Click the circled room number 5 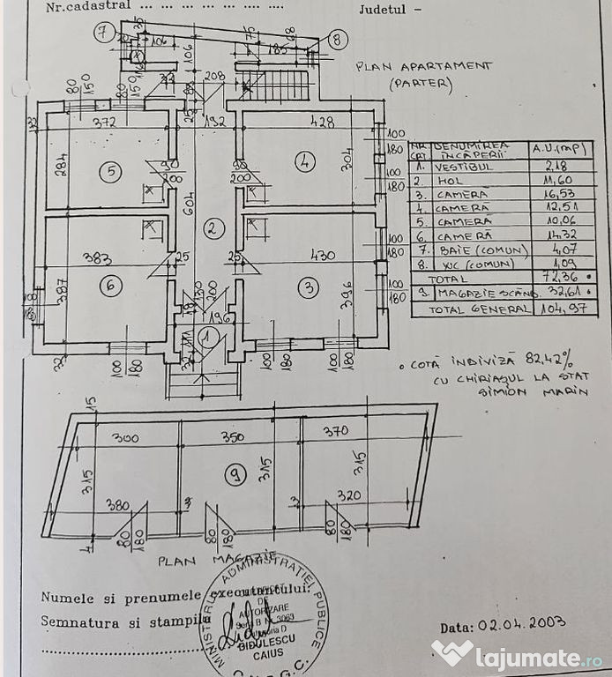click(109, 172)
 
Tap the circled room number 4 click(304, 161)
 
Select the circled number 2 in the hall click(212, 229)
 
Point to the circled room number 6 click(110, 285)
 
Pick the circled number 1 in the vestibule click(206, 336)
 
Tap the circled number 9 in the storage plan click(235, 476)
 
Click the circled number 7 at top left click(106, 34)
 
